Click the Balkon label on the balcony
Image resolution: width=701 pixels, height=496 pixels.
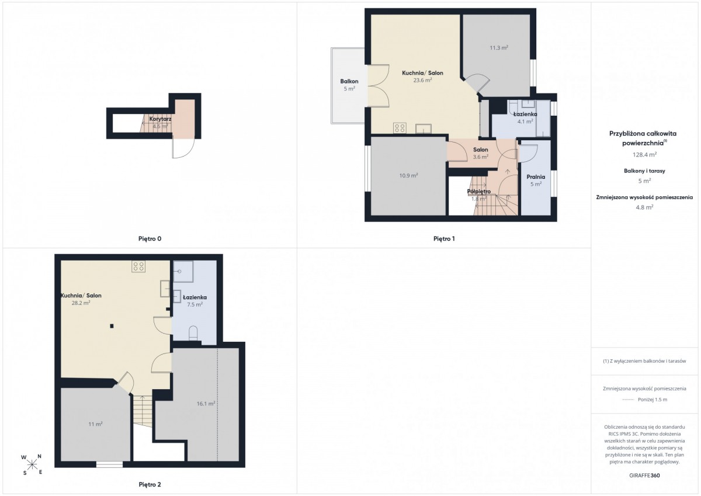[x=349, y=81]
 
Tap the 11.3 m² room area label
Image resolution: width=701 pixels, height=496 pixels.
[x=499, y=48]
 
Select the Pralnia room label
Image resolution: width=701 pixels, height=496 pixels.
[x=536, y=177]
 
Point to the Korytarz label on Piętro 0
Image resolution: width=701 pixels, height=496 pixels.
[x=160, y=119]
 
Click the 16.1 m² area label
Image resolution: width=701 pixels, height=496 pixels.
[x=206, y=404]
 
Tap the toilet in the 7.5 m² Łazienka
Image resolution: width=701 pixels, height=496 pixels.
[x=193, y=333]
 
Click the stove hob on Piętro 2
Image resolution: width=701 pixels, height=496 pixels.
[x=138, y=266]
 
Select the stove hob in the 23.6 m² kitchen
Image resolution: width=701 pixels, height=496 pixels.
[x=400, y=128]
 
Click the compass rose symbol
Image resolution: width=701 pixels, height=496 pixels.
[x=32, y=464]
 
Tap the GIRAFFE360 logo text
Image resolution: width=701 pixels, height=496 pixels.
[x=644, y=476]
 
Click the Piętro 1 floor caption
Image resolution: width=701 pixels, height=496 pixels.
[x=444, y=239]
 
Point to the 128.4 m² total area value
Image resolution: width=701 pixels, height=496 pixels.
[x=644, y=155]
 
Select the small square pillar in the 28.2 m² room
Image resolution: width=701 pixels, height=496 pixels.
[x=112, y=326]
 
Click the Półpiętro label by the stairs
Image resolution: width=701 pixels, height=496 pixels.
[x=479, y=191]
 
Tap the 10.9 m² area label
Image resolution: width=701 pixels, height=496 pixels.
[x=408, y=175]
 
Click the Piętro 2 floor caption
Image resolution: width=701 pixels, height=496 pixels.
[x=150, y=485]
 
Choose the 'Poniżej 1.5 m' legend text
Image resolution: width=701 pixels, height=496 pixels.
[x=653, y=400]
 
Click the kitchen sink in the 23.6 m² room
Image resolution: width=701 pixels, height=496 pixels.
[x=424, y=129]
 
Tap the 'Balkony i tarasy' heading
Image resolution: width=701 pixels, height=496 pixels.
[x=644, y=171]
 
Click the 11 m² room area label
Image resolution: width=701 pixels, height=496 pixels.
[x=95, y=424]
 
